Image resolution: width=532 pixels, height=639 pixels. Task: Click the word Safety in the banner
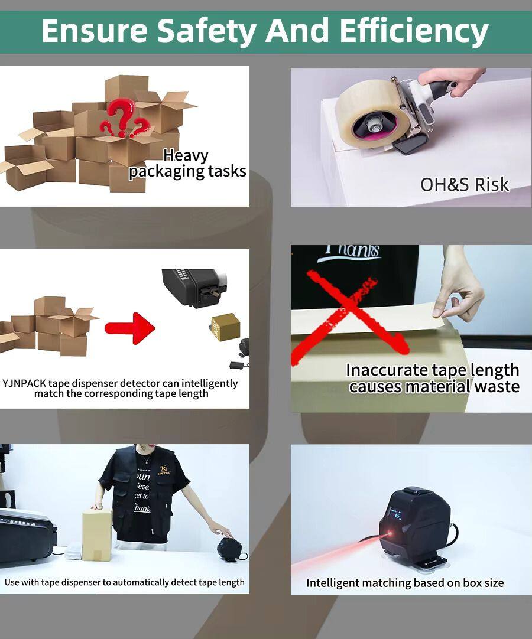point(207,31)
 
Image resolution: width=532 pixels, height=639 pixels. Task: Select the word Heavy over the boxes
point(186,156)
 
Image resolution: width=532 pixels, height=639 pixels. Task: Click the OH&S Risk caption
point(465,185)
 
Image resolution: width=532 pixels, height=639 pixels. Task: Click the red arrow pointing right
point(129,328)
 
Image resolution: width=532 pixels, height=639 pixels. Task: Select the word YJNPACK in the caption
point(24,383)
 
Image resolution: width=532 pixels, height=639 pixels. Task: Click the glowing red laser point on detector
point(389,534)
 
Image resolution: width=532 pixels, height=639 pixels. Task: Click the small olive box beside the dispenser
point(225,327)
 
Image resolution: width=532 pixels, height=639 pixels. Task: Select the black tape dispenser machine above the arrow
point(194,287)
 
